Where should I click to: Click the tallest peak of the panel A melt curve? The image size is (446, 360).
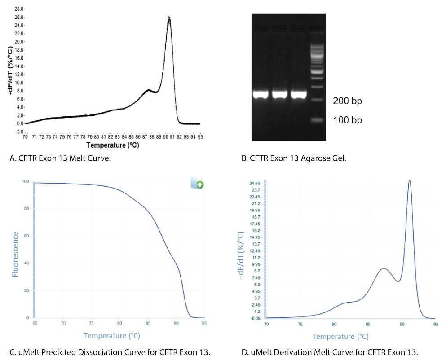(169, 18)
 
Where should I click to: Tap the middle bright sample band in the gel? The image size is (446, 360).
(279, 95)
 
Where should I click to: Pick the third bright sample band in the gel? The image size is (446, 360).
(298, 95)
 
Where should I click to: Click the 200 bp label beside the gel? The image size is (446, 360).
(347, 101)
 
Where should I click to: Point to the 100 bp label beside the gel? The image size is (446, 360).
(347, 120)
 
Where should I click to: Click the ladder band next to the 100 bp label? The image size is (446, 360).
(317, 120)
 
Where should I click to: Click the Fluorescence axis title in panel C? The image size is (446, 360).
(16, 254)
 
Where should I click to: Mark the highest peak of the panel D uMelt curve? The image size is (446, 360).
(409, 180)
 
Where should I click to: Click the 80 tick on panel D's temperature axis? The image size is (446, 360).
(334, 324)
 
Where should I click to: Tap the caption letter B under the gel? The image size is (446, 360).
(245, 158)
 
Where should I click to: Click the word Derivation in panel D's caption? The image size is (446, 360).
(282, 352)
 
